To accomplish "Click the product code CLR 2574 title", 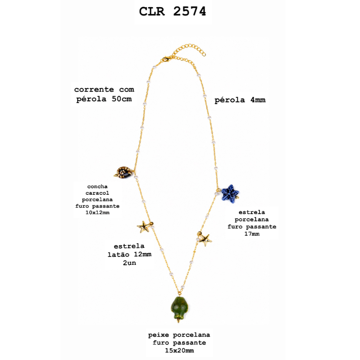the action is pos(172,11).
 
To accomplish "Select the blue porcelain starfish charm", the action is pos(230,193).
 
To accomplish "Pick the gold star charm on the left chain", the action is pos(144,227).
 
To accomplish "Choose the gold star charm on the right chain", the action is pos(205,240).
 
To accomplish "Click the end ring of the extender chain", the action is pos(204,55).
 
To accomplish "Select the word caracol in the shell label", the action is pos(97,193).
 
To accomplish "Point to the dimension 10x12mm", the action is pos(97,213).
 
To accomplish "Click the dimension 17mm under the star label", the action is pos(252,234).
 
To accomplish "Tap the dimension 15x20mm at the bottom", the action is pos(179,351).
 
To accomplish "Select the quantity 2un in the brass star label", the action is pos(130,263).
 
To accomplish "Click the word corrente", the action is pos(94,89).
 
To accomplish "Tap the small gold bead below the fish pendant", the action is pos(178,321).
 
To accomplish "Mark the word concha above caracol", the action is pos(97,186).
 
